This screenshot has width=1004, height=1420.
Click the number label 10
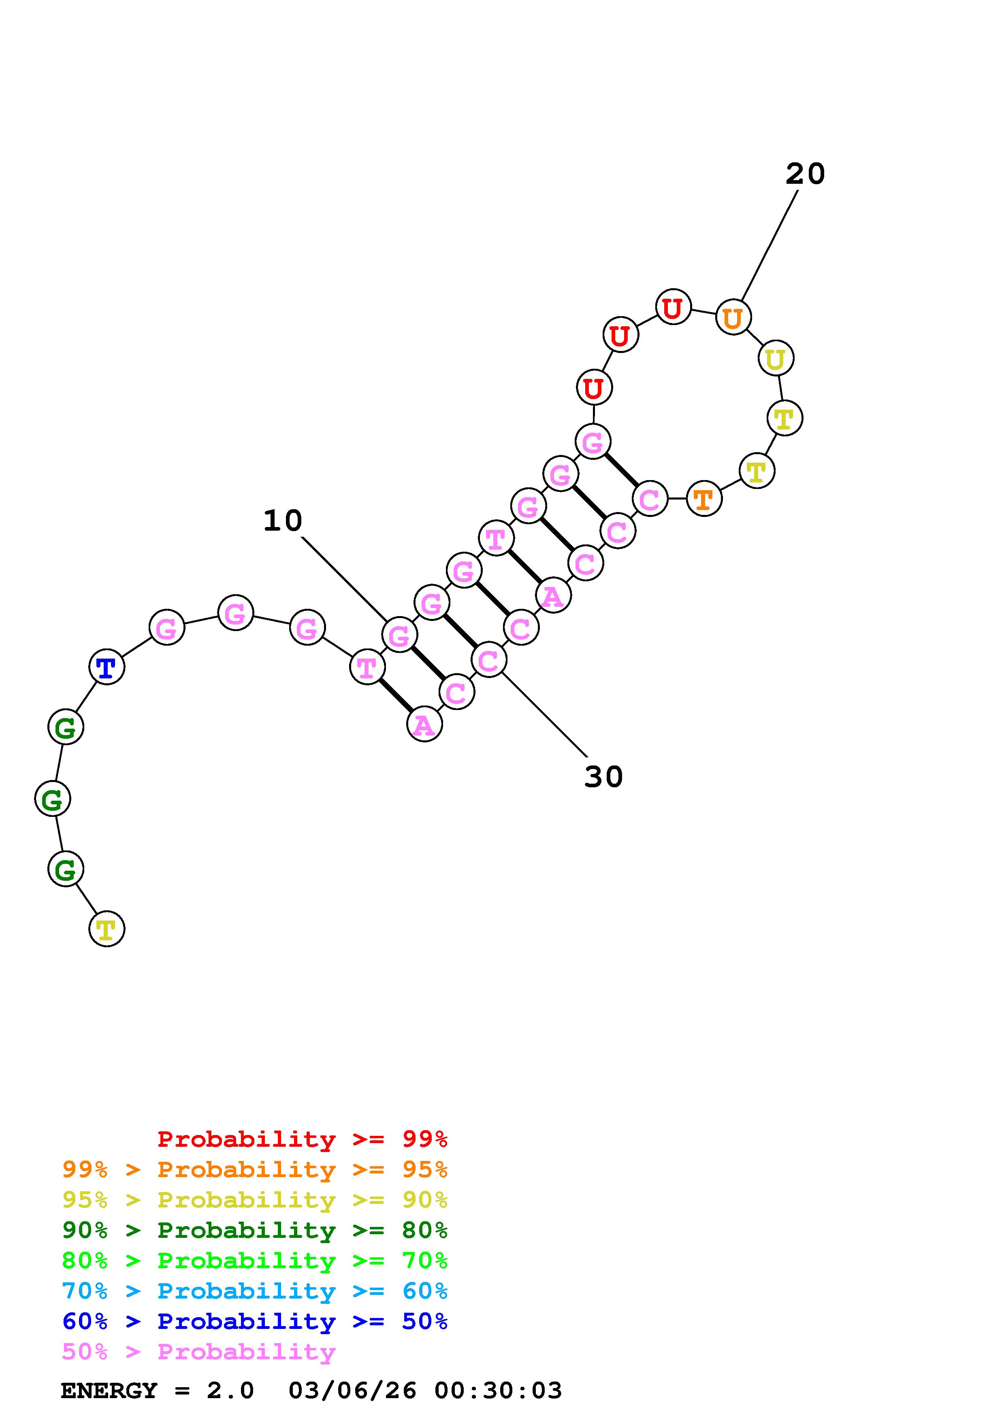click(x=283, y=521)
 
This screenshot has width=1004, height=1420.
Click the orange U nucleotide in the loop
click(x=733, y=317)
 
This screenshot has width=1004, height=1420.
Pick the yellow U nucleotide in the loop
click(x=776, y=358)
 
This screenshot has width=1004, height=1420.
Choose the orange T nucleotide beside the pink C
click(x=704, y=498)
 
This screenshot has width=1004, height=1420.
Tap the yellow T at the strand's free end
click(x=107, y=929)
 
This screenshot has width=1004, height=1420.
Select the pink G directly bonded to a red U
click(x=593, y=442)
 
